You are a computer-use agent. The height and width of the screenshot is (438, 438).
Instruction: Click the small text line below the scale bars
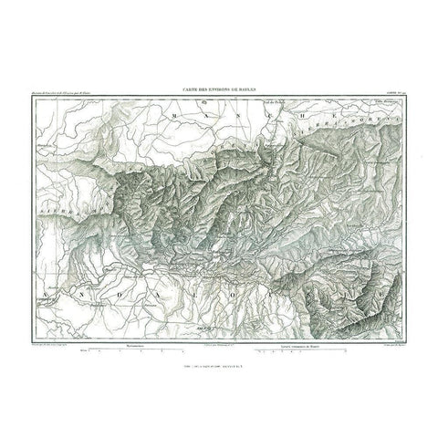[218, 360]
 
